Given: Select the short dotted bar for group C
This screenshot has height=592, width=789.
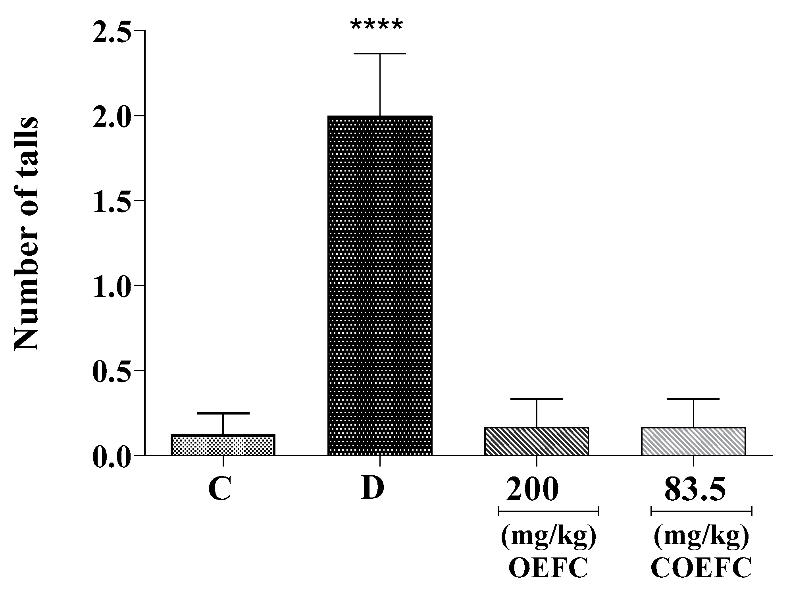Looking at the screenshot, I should [223, 445].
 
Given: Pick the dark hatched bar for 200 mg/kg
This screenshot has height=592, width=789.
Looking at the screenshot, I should [536, 441].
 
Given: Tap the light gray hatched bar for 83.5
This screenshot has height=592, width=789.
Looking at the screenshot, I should [693, 441].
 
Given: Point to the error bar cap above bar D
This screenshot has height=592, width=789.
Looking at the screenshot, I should [380, 53].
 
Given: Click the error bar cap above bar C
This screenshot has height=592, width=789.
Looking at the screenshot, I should [223, 413].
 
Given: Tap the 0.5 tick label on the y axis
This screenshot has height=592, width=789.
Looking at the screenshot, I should [112, 370].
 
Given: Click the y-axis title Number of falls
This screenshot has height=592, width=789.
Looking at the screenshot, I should [27, 234].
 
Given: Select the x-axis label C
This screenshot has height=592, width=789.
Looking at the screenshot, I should [219, 490].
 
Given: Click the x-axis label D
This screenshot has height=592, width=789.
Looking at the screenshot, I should [373, 489].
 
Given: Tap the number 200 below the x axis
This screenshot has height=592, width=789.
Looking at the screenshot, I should [533, 490].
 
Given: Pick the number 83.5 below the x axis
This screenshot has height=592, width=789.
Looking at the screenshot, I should [695, 490].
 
